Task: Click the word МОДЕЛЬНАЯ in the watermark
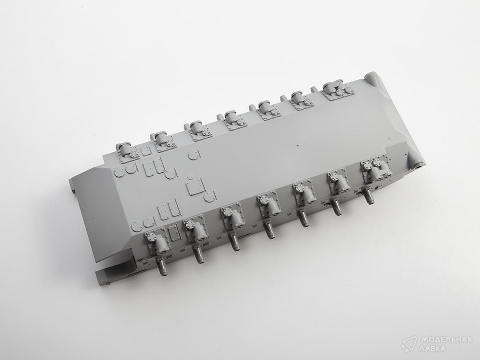[445, 340]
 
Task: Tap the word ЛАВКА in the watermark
[432, 348]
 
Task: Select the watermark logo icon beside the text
[410, 344]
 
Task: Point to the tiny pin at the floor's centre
[298, 144]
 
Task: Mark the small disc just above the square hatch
[190, 176]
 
